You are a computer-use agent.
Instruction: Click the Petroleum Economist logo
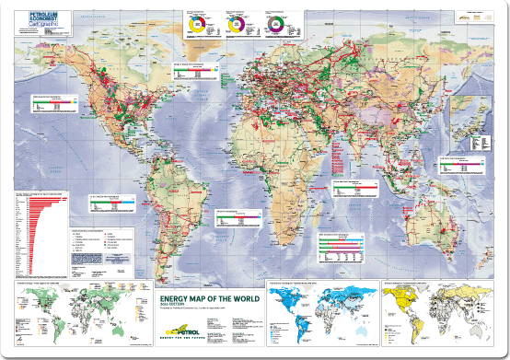coord(38,17)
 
